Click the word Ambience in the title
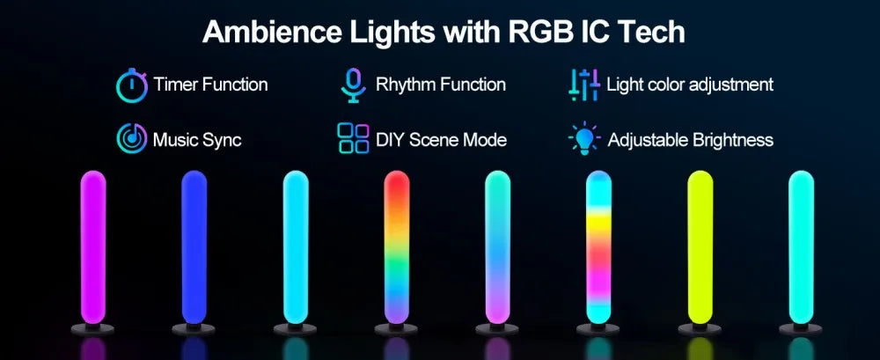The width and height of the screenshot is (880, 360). point(269,33)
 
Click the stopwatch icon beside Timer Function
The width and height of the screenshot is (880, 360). point(131,84)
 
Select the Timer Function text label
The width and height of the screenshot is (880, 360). point(210,85)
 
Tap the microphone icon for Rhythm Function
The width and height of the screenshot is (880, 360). point(353,84)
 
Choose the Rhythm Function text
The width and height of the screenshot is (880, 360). point(440,85)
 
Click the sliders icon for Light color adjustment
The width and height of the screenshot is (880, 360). point(584,84)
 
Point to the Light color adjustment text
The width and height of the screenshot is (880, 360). point(690,85)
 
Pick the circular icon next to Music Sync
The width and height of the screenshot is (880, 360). point(131,139)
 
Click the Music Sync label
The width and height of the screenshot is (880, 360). point(197,140)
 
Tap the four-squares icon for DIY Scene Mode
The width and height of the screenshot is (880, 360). point(353,139)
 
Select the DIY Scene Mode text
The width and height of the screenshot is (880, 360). point(441,140)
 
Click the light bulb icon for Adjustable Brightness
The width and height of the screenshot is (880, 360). point(584,139)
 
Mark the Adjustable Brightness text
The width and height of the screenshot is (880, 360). point(691,140)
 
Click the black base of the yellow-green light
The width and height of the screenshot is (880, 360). point(700,328)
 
